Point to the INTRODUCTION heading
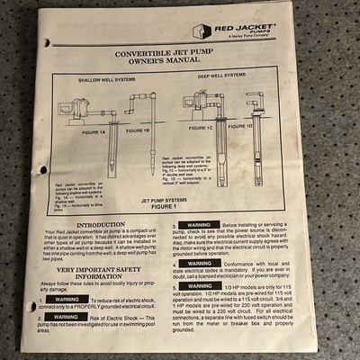[x=101, y=225]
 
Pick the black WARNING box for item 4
[x=199, y=264]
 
